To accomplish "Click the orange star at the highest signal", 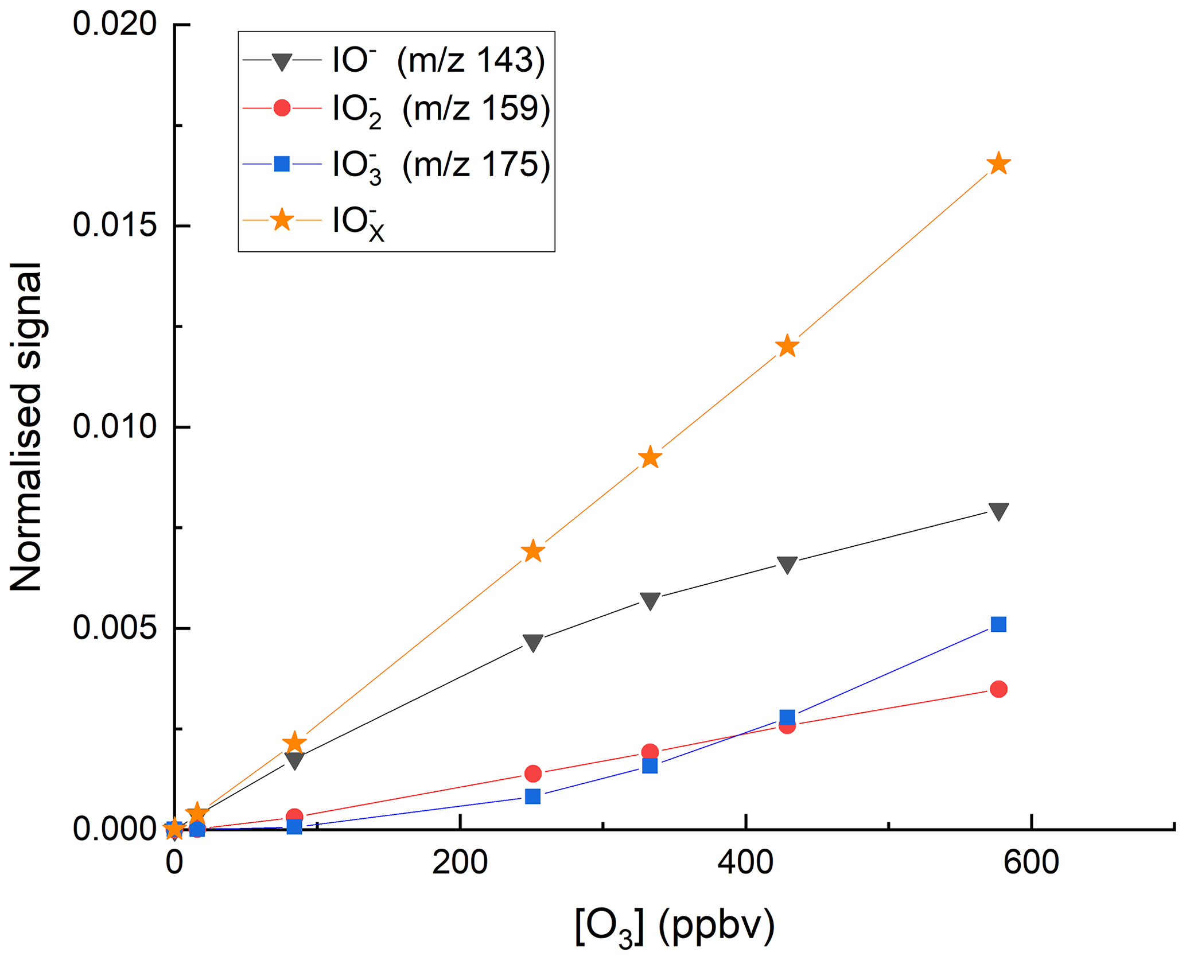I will [998, 164].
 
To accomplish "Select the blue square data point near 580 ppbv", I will [998, 624].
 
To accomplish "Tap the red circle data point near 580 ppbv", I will [998, 689].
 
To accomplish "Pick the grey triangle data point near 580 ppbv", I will [998, 511].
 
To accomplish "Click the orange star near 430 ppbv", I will [787, 346].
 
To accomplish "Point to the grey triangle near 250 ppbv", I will [533, 643].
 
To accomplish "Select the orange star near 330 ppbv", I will [650, 457].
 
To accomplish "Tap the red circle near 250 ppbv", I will [533, 774].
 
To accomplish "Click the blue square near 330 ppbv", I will [650, 766].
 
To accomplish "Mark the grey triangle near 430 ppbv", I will [787, 565].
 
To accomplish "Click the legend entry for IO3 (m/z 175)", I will [441, 166].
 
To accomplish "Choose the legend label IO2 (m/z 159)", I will [441, 110].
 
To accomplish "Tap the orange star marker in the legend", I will [282, 220].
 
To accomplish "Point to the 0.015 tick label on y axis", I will [114, 226].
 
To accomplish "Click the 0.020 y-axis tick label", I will [114, 25].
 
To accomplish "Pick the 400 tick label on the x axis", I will [745, 862].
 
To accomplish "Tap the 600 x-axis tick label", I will [1031, 862].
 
